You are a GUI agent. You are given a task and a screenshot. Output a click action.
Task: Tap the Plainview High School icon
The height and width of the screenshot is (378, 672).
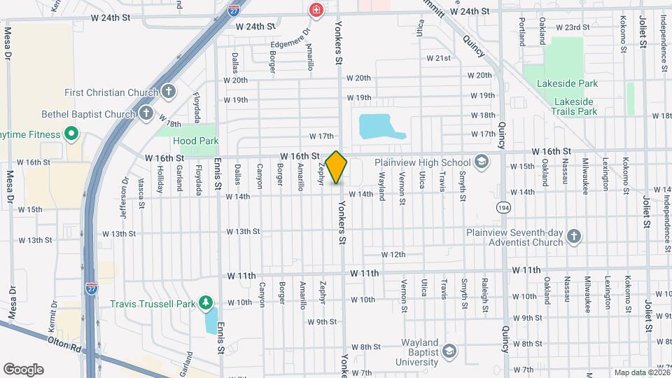481,162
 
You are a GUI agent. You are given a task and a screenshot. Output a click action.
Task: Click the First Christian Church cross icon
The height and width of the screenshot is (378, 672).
168,92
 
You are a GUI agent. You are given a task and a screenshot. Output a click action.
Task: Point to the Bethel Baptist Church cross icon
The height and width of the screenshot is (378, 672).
146,113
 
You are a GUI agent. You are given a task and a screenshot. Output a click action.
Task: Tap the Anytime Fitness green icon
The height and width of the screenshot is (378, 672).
71,133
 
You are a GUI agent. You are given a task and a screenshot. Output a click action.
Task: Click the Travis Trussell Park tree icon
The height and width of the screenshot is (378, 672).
206,302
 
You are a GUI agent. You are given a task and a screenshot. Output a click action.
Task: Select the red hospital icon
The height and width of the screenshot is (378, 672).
316,10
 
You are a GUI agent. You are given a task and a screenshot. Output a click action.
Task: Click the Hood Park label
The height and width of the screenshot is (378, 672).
195,141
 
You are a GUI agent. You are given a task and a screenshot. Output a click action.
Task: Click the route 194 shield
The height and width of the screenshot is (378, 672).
503,208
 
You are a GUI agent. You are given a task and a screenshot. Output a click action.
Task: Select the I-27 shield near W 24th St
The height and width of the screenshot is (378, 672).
234,10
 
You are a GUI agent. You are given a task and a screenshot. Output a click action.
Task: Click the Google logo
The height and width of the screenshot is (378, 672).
23,370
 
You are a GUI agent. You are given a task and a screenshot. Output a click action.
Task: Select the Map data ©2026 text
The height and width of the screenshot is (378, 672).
641,372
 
